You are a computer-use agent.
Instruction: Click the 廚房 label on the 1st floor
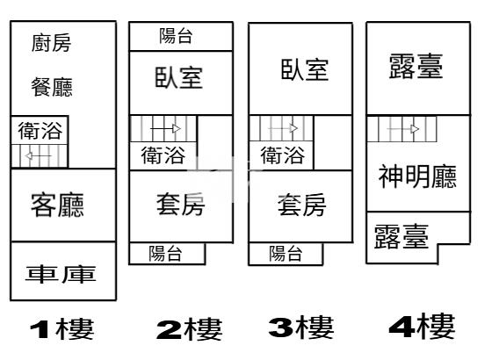tap(51, 43)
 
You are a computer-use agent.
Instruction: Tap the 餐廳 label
tap(52, 87)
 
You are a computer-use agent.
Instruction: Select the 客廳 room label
tap(57, 205)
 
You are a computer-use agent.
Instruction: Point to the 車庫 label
tap(61, 274)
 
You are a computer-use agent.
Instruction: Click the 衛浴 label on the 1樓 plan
tap(40, 130)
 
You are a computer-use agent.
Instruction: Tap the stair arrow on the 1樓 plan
tap(38, 155)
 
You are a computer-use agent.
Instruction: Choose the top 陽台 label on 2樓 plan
tap(176, 36)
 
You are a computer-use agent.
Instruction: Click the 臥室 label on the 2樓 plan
tap(178, 77)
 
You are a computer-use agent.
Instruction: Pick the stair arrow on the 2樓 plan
tap(165, 128)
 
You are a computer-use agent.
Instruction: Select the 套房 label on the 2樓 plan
tap(180, 205)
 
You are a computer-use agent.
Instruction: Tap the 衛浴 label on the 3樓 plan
tap(283, 155)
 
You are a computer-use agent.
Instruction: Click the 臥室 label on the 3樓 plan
tap(305, 69)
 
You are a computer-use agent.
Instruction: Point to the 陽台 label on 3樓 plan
tap(286, 254)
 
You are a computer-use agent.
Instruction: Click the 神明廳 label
tap(417, 176)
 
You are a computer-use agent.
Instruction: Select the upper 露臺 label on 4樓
tap(416, 66)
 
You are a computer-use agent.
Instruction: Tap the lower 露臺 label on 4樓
tap(401, 236)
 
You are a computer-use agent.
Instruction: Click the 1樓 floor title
tap(62, 328)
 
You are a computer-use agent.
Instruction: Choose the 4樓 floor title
tap(422, 327)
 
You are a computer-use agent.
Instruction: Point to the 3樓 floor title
tap(301, 328)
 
